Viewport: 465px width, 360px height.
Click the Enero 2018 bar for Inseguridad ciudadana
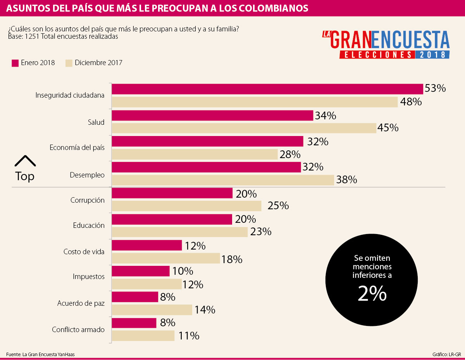[267, 89]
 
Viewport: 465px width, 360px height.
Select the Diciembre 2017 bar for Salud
[244, 128]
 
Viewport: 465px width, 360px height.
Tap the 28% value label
[290, 154]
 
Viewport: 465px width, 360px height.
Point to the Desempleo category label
[87, 175]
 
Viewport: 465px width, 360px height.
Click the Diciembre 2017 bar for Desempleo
[223, 180]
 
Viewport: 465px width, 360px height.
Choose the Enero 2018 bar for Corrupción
[172, 193]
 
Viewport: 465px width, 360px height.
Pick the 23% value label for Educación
[260, 232]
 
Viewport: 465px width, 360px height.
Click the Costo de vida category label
[84, 251]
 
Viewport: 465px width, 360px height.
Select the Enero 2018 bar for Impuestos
[141, 271]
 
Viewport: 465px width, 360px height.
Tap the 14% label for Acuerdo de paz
[205, 310]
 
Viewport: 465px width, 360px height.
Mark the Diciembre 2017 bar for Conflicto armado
[143, 336]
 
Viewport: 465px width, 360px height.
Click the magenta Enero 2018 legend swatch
[15, 63]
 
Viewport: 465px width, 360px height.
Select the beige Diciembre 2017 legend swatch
[69, 63]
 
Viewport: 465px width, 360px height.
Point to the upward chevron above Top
[25, 161]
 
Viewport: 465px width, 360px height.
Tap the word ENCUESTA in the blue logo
[411, 40]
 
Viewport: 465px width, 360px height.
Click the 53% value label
[435, 88]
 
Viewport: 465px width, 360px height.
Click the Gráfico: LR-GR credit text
[446, 354]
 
